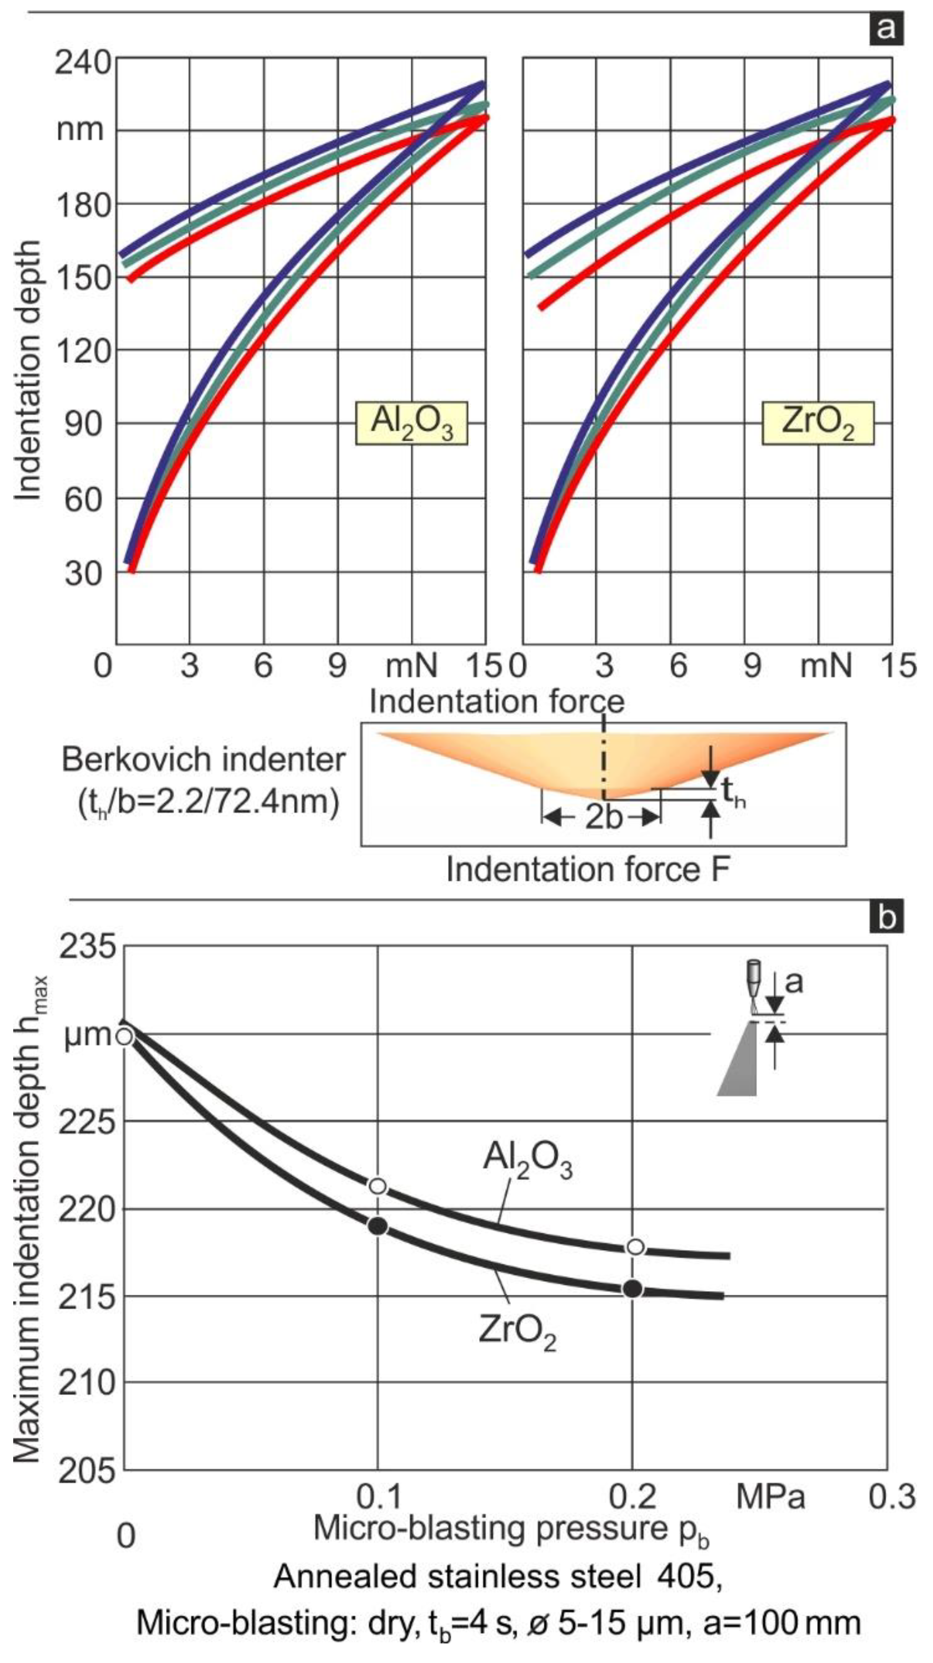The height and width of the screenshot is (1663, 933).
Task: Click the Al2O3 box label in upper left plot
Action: point(411,424)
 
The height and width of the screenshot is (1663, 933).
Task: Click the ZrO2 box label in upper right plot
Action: point(818,424)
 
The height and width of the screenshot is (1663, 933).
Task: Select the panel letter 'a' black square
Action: point(886,28)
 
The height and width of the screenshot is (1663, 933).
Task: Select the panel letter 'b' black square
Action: point(886,917)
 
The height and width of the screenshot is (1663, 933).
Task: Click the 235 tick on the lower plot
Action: point(87,948)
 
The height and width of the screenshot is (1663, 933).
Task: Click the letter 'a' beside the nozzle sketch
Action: point(793,982)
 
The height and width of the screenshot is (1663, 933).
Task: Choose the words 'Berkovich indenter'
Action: point(203,760)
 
